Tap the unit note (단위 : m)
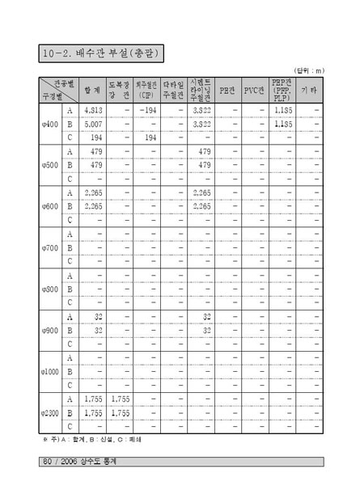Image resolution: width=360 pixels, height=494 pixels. [x=307, y=71]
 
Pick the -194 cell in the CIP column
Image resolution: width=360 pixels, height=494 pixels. [x=147, y=110]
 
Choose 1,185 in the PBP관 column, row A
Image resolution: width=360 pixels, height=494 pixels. [x=282, y=110]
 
